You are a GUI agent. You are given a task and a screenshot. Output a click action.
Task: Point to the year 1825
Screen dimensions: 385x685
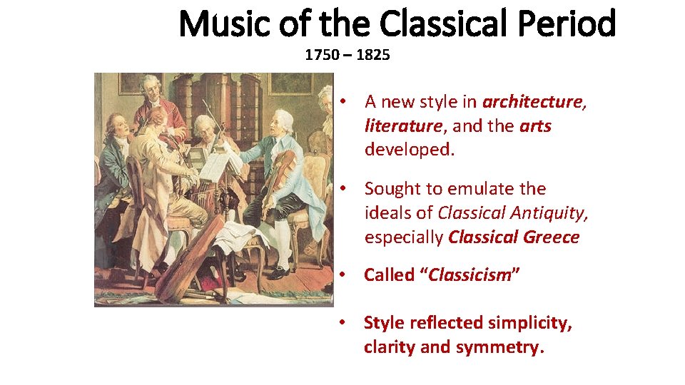pyautogui.click(x=373, y=55)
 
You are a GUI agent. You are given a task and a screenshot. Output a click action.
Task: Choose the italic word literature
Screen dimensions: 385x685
pyautogui.click(x=402, y=126)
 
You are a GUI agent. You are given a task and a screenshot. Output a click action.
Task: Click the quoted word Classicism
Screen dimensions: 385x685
pyautogui.click(x=469, y=275)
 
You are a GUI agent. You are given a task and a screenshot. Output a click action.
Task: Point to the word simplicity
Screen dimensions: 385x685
pyautogui.click(x=528, y=323)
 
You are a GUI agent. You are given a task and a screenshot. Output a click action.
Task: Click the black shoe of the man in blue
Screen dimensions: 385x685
pyautogui.click(x=280, y=272)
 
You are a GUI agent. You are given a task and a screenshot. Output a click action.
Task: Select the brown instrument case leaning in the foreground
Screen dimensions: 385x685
pyautogui.click(x=187, y=257)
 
